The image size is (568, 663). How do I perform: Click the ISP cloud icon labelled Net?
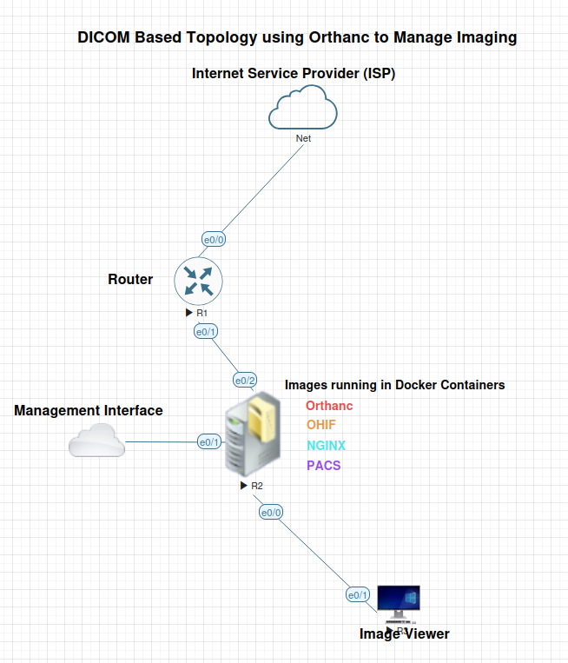[302, 111]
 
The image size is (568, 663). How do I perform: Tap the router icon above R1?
[199, 281]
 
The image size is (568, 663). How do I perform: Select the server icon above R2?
[253, 435]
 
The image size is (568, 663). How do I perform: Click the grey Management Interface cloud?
[96, 441]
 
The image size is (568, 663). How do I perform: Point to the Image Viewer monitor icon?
[399, 602]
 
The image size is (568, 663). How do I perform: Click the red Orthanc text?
[329, 406]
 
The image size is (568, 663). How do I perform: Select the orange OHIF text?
[321, 425]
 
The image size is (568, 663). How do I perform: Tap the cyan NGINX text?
[326, 446]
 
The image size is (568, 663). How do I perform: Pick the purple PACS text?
[323, 466]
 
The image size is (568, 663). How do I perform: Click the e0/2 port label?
[245, 381]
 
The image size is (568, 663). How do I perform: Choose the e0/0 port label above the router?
[214, 239]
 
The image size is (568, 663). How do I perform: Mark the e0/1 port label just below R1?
[206, 332]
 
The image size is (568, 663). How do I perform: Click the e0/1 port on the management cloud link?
[209, 442]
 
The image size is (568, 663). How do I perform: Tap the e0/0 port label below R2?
[271, 513]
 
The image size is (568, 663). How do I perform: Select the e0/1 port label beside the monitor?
[358, 595]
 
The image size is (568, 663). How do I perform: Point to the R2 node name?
[257, 486]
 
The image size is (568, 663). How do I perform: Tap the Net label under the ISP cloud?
[303, 138]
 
